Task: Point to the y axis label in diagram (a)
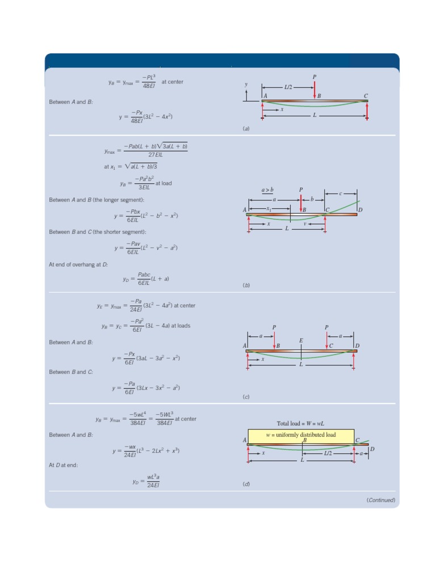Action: [x=246, y=85]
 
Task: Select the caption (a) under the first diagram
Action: [x=246, y=129]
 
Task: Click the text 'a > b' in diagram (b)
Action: [x=267, y=190]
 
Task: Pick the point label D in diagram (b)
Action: [x=360, y=210]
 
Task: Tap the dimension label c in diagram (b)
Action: [x=341, y=193]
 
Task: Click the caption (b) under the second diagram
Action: [x=246, y=285]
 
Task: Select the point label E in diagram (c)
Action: [x=301, y=340]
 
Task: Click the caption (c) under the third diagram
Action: [x=246, y=397]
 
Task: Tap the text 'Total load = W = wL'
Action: [x=300, y=423]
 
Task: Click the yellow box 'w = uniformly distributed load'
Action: [x=301, y=435]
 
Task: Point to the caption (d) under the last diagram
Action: [x=246, y=484]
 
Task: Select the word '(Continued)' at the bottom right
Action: [x=380, y=500]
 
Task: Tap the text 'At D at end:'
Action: [x=63, y=465]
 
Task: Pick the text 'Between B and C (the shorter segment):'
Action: [x=98, y=231]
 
